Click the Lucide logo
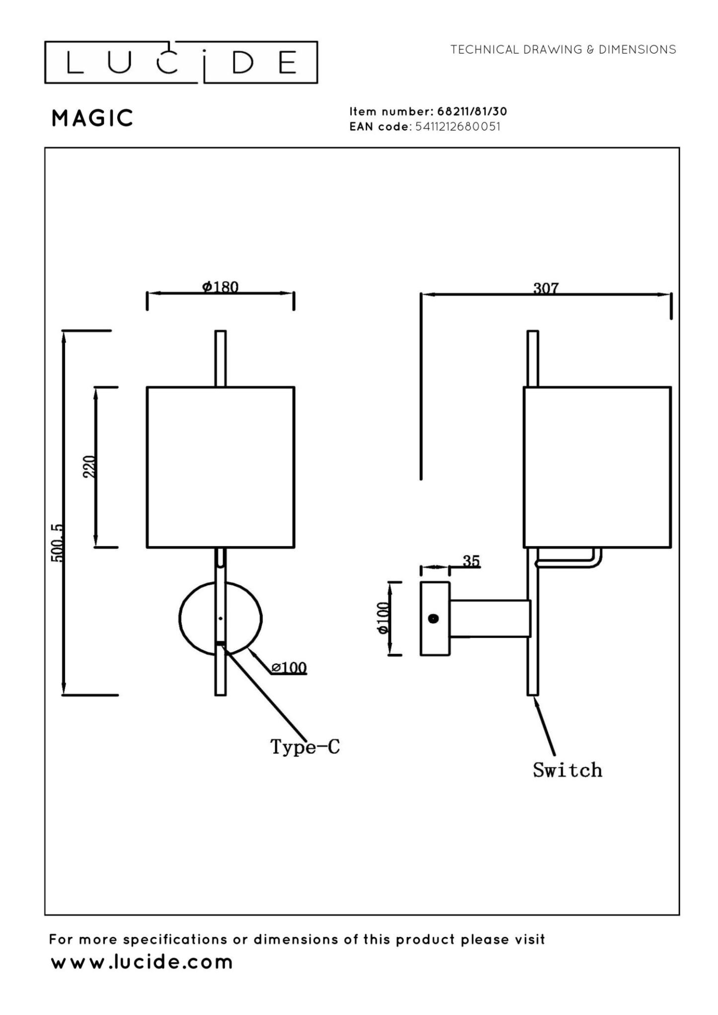[x=181, y=63]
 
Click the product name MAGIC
[x=92, y=118]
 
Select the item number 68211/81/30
[x=472, y=111]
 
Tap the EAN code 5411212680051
[x=457, y=126]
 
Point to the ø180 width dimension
[x=220, y=287]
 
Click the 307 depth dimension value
[x=546, y=288]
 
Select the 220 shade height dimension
[x=89, y=466]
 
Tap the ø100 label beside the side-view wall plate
[x=382, y=618]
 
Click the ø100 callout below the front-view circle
[x=289, y=667]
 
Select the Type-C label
[x=305, y=746]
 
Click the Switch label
[x=567, y=770]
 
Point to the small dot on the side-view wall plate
[x=433, y=618]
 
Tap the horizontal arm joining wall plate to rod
[x=489, y=618]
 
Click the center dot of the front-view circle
[x=220, y=618]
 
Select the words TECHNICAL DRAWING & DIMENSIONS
[x=563, y=50]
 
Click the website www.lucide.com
[x=142, y=962]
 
